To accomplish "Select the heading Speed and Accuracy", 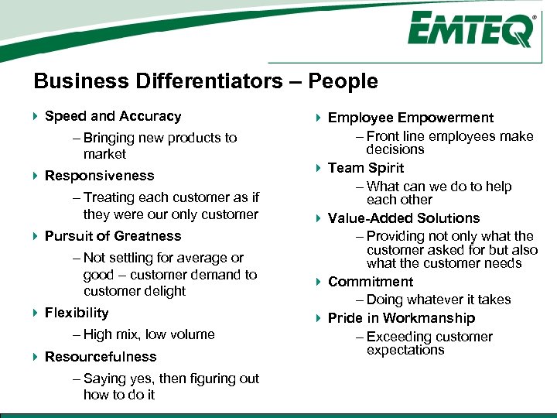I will coord(113,116).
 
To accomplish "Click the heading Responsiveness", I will coord(100,176).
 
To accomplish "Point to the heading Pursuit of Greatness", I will coord(113,236).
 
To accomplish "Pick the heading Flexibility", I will coord(77,313).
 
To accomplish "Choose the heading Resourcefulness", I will coord(101,357).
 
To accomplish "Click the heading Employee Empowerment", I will coord(410,118).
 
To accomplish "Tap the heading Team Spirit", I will coord(366,168).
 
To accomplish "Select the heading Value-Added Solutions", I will coord(404,218).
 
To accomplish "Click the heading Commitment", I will coord(371,282).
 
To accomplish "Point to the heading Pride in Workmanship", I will coord(402,318).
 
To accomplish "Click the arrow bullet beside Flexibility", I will coord(36,313).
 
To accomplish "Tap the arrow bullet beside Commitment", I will coord(319,282).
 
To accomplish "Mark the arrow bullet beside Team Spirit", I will coord(319,168).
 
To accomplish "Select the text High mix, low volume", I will coord(149,334).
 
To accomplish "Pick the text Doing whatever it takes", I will coord(439,300).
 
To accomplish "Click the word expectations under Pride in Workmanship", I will coord(405,350).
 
